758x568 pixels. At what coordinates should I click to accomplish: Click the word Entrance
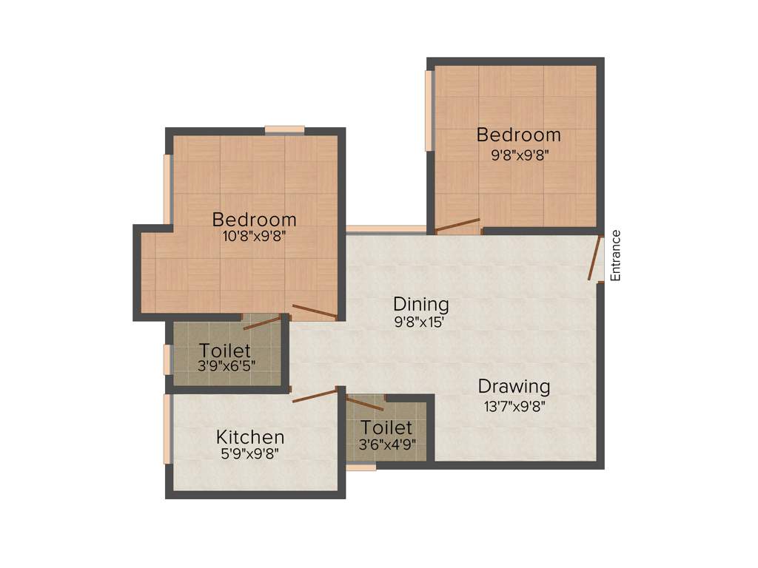(x=615, y=256)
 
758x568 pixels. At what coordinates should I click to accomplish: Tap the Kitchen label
(x=250, y=437)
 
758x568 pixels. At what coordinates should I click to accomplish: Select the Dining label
(x=420, y=304)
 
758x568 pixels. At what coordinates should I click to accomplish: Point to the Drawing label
(x=514, y=386)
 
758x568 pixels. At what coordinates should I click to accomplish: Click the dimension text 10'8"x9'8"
(x=254, y=237)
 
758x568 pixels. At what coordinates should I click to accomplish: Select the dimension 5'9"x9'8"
(x=250, y=454)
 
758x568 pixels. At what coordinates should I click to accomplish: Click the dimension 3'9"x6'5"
(x=225, y=366)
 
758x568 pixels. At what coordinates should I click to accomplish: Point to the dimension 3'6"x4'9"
(x=386, y=444)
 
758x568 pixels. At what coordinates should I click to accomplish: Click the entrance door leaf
(x=594, y=259)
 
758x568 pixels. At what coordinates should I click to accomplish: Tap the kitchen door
(x=315, y=395)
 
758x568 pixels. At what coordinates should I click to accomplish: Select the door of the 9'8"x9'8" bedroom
(x=457, y=225)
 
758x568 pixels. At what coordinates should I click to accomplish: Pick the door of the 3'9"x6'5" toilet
(x=263, y=322)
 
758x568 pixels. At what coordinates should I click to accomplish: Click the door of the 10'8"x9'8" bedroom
(x=315, y=311)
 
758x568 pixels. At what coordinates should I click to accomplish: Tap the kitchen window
(x=167, y=429)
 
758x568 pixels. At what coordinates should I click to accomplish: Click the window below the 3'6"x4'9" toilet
(x=361, y=467)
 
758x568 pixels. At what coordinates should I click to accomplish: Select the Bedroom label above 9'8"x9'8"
(x=518, y=135)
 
